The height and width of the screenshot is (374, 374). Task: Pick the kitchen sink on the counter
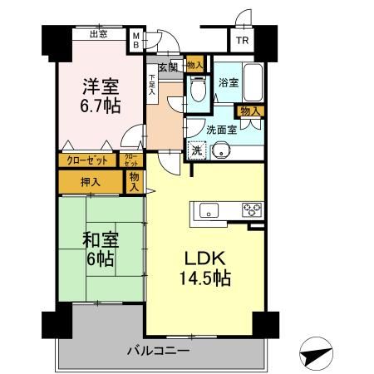point(207,209)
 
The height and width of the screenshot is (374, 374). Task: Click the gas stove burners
point(252,209)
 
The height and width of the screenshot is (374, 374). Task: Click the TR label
point(241,40)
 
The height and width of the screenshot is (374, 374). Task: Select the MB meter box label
point(137,39)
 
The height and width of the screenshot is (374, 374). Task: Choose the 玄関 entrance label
point(167,66)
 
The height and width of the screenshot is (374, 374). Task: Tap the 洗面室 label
point(221,130)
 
